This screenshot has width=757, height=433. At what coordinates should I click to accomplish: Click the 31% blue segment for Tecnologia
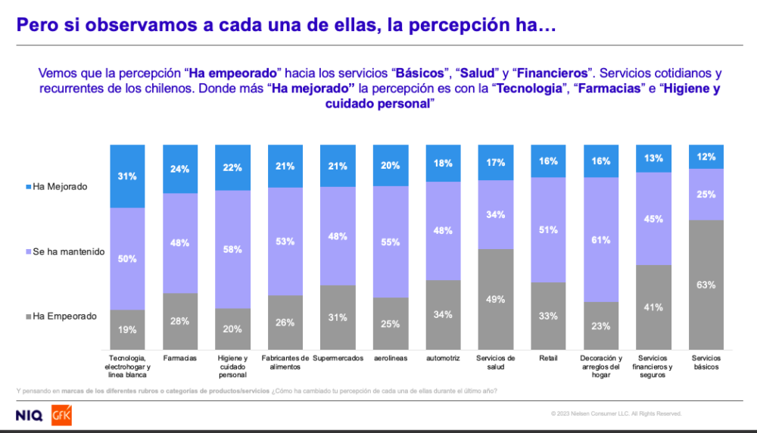click(x=127, y=176)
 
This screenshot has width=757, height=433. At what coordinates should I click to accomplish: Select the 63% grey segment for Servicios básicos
click(x=706, y=285)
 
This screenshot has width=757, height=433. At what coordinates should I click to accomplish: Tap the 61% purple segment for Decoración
click(x=602, y=240)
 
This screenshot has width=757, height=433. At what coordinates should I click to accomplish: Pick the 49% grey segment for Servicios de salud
click(x=497, y=300)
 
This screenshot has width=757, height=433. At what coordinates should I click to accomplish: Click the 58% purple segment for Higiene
click(x=232, y=249)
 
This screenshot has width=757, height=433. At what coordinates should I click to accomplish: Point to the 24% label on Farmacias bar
click(x=180, y=169)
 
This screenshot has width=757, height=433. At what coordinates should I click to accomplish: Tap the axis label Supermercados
click(x=338, y=359)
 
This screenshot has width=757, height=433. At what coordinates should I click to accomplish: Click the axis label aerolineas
click(x=391, y=359)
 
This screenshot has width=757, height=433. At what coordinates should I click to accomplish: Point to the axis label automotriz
click(x=444, y=359)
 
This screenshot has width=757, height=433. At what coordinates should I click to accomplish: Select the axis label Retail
click(x=549, y=359)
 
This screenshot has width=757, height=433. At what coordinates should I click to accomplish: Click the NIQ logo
click(x=30, y=416)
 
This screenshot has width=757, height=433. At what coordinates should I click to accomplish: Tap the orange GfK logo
click(x=61, y=416)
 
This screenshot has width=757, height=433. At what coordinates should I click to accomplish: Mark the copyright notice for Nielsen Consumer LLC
click(x=616, y=413)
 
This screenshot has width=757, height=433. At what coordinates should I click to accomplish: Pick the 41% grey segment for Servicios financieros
click(x=654, y=307)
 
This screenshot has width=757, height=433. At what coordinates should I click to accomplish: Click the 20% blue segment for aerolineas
click(x=391, y=165)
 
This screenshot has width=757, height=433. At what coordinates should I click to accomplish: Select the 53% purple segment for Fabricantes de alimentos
click(x=285, y=241)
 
